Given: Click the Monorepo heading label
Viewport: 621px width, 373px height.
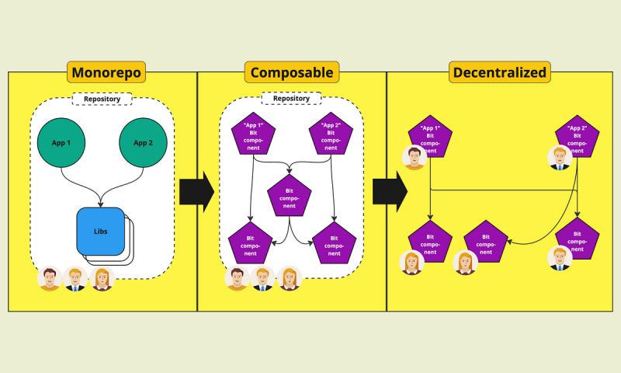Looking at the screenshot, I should pos(106,73).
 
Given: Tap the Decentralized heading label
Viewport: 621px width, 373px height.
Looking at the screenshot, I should pos(499,73).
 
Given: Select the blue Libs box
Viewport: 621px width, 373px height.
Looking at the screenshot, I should pos(100,231).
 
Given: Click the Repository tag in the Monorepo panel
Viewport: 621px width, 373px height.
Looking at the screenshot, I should pos(102,99).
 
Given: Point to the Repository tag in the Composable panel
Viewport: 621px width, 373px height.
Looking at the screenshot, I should pos(291,99).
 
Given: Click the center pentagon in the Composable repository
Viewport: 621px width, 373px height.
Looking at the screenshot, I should pos(289,197).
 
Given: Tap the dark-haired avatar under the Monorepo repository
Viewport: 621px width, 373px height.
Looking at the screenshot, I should pos(50,278).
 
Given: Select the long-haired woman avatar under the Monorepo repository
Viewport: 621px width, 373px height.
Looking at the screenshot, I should pos(102,278).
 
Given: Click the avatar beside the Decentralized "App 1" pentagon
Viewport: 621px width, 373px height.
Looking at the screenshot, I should pos(415,158).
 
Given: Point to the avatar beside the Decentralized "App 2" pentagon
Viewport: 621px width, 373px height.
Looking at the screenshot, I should pos(560,158).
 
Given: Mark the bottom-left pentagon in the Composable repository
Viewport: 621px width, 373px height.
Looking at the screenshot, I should pos(251,243).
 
